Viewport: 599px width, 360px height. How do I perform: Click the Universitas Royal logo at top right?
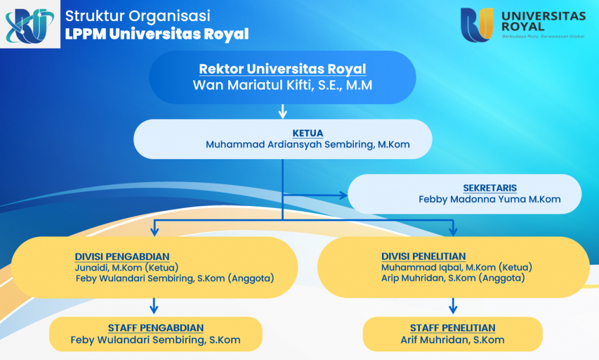tap(522, 25)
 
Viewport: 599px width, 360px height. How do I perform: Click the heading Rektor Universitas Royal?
tap(283, 68)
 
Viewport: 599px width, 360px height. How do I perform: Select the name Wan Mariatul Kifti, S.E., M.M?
tap(283, 85)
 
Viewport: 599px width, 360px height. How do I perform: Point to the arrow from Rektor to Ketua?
tap(283, 111)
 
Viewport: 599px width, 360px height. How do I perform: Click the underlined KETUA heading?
tap(308, 133)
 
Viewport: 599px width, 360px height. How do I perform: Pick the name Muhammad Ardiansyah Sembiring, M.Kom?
tap(308, 145)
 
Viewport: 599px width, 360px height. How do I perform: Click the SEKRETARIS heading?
tap(490, 188)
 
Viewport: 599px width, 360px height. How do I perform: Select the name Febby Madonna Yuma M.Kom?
tap(490, 200)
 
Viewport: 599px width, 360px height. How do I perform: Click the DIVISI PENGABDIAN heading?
tap(122, 256)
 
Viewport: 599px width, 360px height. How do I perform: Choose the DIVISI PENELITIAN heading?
tap(424, 256)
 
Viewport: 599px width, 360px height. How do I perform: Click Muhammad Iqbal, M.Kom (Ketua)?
tap(456, 268)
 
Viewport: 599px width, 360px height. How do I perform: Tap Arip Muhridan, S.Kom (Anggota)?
tap(453, 278)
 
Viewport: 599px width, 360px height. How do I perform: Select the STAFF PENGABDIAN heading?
tap(156, 328)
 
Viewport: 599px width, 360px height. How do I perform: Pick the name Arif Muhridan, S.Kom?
tap(452, 340)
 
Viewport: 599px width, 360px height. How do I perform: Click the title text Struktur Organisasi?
tap(137, 16)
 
